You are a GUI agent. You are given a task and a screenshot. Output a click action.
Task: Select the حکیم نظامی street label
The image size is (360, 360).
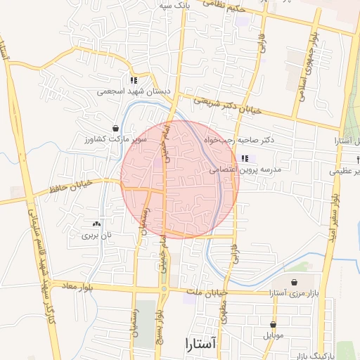click(224, 5)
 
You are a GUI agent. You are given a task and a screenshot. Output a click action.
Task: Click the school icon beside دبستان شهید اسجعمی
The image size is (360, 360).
click(134, 80)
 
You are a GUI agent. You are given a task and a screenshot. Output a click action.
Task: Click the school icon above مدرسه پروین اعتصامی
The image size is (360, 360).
click(245, 159)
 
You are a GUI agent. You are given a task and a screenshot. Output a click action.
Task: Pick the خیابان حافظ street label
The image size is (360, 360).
click(71, 189)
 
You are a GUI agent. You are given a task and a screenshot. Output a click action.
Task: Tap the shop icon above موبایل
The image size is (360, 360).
click(274, 324)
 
